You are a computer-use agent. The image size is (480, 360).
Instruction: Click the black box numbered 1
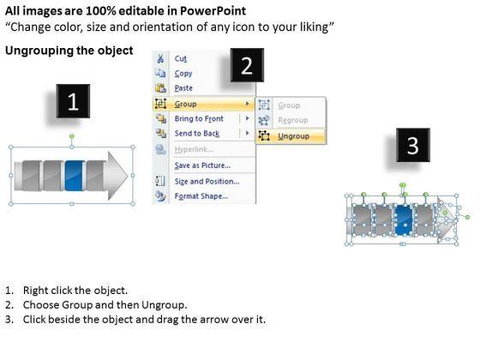(x=73, y=101)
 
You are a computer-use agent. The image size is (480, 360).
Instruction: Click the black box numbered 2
(x=247, y=65)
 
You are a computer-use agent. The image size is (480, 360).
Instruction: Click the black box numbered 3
(x=413, y=145)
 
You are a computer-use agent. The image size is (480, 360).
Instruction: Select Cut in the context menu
(x=181, y=58)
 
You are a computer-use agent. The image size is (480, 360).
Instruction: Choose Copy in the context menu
(x=183, y=74)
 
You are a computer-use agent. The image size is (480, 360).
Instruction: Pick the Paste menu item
(x=183, y=88)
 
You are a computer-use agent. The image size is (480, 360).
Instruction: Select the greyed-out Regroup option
(x=293, y=120)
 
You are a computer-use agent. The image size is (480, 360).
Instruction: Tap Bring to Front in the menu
(x=199, y=118)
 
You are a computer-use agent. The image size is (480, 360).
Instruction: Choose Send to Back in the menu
(x=197, y=134)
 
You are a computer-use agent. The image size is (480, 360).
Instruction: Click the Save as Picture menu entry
(x=202, y=165)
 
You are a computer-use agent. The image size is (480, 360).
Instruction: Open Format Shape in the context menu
(x=201, y=196)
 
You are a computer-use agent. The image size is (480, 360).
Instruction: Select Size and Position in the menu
(x=207, y=181)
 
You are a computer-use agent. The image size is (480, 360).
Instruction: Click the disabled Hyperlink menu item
(x=194, y=149)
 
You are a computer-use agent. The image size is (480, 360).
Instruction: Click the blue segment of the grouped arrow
(x=75, y=176)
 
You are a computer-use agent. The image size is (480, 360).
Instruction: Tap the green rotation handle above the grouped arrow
(x=72, y=136)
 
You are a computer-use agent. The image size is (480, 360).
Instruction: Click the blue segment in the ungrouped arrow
(x=405, y=220)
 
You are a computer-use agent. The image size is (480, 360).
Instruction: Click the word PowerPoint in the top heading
(x=213, y=11)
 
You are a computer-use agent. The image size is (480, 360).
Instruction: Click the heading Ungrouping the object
(x=69, y=51)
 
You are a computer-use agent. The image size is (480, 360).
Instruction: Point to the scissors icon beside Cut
(x=160, y=58)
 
